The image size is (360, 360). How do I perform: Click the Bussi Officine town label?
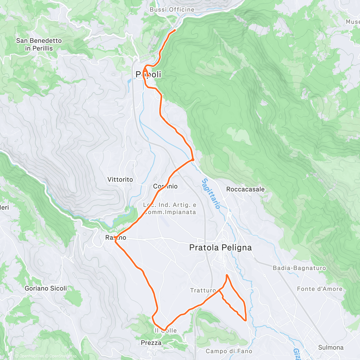172,10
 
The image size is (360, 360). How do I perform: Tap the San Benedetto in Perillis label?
39,44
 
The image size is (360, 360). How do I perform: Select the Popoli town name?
148,74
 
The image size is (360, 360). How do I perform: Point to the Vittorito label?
120,179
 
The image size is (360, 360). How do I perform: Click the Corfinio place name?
165,186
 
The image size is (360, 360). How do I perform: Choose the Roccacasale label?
245,189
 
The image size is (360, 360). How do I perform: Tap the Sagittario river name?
211,193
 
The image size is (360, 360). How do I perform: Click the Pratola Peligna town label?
220,247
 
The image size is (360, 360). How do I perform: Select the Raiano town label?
116,238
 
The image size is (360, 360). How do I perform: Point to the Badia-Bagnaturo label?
299,268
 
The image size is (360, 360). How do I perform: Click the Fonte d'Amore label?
319,289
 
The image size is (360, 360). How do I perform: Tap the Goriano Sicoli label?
46,288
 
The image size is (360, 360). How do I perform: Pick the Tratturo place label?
203,290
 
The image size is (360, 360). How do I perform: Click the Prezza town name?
151,343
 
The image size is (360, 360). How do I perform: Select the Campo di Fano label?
229,351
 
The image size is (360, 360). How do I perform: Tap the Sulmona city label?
331,347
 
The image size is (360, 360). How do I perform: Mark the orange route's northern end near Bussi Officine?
175,30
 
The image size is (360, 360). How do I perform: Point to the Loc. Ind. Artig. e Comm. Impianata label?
170,208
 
